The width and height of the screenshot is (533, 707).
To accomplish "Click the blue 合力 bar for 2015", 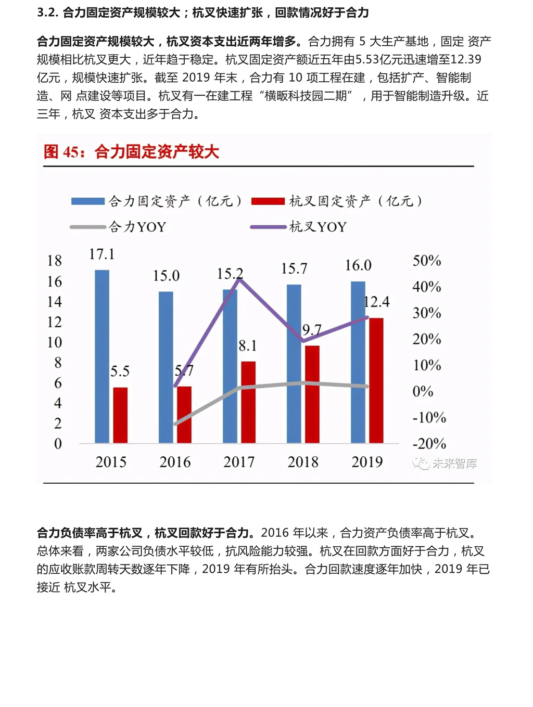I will [102, 356].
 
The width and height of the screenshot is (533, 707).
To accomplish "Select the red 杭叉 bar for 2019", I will [376, 380].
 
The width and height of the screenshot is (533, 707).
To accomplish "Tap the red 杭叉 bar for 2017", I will [248, 402].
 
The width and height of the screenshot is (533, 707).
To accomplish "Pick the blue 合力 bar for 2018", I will [294, 364].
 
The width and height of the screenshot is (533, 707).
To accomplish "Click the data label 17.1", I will [101, 254].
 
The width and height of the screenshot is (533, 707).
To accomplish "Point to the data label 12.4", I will [377, 302].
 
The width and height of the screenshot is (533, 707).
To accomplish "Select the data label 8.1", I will [248, 346].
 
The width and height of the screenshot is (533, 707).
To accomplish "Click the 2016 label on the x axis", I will [175, 462].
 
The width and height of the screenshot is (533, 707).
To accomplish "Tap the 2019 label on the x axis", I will [367, 462].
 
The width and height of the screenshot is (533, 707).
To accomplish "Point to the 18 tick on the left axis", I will [55, 261].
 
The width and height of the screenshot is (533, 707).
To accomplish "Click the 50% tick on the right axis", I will [427, 261].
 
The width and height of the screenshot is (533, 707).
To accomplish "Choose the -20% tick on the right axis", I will [429, 444].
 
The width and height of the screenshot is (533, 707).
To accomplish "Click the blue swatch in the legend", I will [88, 201].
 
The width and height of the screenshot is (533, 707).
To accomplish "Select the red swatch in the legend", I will [268, 201].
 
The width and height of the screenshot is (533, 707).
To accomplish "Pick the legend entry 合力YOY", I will [137, 227].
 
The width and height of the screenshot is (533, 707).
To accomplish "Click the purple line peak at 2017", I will [239, 280].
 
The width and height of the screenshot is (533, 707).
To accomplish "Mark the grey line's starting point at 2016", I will [175, 424].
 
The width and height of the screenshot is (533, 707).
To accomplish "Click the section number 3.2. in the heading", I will [47, 12].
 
